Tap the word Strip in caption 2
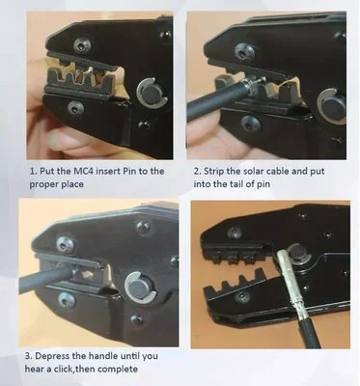[x=213, y=171]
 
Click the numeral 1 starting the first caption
[x=32, y=171]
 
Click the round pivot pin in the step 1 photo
[x=152, y=95]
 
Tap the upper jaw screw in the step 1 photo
[x=81, y=45]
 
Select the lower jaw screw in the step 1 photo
[x=76, y=108]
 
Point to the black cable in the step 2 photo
[x=215, y=98]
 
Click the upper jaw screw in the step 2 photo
[x=244, y=51]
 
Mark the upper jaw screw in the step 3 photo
[x=66, y=244]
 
